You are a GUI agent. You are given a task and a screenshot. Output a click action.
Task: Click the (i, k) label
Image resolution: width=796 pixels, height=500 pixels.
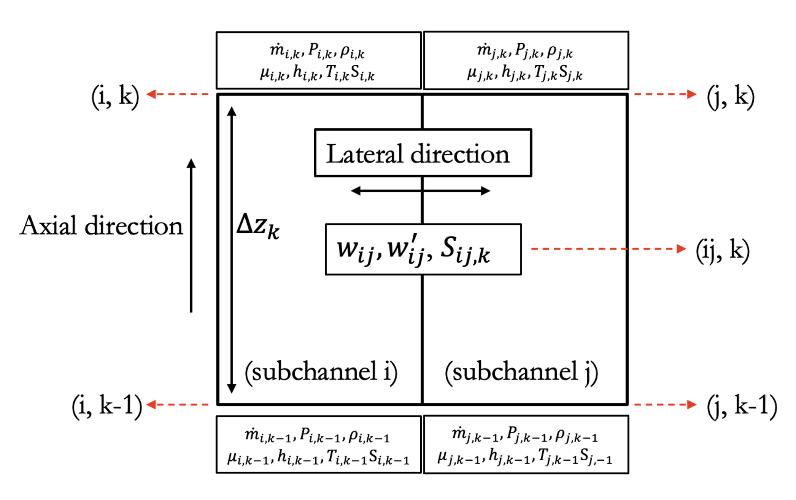115,96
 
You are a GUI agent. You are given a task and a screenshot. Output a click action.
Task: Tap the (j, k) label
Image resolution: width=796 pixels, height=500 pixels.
730,96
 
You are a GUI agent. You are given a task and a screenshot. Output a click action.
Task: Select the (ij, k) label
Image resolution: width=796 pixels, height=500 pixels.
722,250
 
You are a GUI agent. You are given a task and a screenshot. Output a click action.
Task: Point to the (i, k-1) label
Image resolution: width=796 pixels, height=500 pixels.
107,405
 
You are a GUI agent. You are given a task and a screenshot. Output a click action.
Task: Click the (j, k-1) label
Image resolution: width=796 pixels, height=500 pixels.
742,405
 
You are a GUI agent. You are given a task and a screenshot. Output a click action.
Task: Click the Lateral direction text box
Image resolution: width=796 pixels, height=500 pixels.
423,153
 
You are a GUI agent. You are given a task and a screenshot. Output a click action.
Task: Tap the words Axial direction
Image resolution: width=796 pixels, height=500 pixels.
101,226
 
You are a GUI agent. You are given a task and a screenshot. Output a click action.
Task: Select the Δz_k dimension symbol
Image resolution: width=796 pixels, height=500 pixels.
258,226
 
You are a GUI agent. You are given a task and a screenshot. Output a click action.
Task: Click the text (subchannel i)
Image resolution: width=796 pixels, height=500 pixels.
321,372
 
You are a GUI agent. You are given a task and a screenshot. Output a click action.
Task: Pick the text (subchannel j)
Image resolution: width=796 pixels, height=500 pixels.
521,372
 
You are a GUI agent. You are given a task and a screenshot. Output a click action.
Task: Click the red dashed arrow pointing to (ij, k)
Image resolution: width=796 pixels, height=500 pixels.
608,249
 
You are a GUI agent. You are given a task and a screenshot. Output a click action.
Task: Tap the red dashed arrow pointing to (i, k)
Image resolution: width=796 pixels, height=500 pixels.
178,94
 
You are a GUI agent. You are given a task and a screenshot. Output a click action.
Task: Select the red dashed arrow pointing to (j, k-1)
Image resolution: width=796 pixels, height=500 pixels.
665,405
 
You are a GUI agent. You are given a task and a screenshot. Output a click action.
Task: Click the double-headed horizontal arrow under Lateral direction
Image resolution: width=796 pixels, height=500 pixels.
420,191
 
